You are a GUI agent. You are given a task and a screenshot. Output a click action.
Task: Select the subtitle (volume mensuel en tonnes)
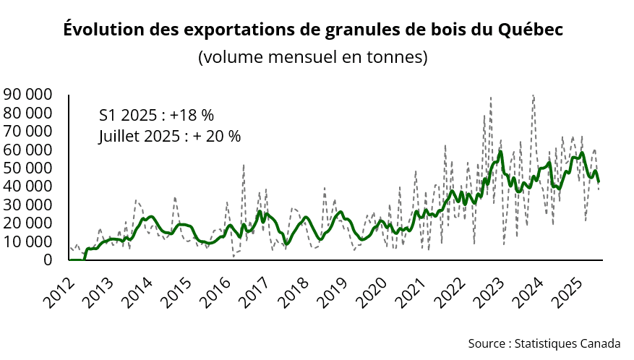click(x=313, y=57)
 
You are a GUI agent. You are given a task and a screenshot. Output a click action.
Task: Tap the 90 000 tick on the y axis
click(x=27, y=95)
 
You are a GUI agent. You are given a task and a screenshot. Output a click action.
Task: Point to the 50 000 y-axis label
click(x=27, y=168)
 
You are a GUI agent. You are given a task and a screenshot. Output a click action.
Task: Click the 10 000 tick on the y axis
click(x=27, y=241)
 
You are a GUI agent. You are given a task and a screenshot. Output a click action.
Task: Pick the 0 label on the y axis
click(x=47, y=260)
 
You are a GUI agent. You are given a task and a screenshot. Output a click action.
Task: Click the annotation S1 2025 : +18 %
click(x=156, y=116)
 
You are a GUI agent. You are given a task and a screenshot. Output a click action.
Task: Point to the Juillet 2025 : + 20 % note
click(x=170, y=136)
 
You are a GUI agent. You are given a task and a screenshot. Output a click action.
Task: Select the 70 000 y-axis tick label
click(x=27, y=132)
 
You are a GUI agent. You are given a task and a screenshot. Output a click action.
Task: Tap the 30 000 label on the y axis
click(x=27, y=205)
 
